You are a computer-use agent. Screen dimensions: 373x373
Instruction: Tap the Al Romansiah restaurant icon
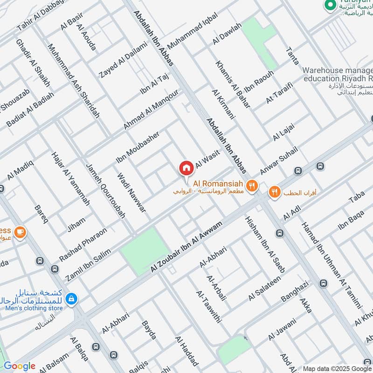coord(252,186)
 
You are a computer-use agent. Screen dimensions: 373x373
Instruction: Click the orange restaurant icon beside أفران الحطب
coord(275,191)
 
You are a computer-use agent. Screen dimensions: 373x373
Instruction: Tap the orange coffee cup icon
coord(20,232)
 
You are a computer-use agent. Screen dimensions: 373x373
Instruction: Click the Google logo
coord(19,366)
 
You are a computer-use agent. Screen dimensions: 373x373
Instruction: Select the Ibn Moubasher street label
coord(138,147)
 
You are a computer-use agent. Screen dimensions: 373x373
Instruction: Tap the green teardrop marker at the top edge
coord(331,5)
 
